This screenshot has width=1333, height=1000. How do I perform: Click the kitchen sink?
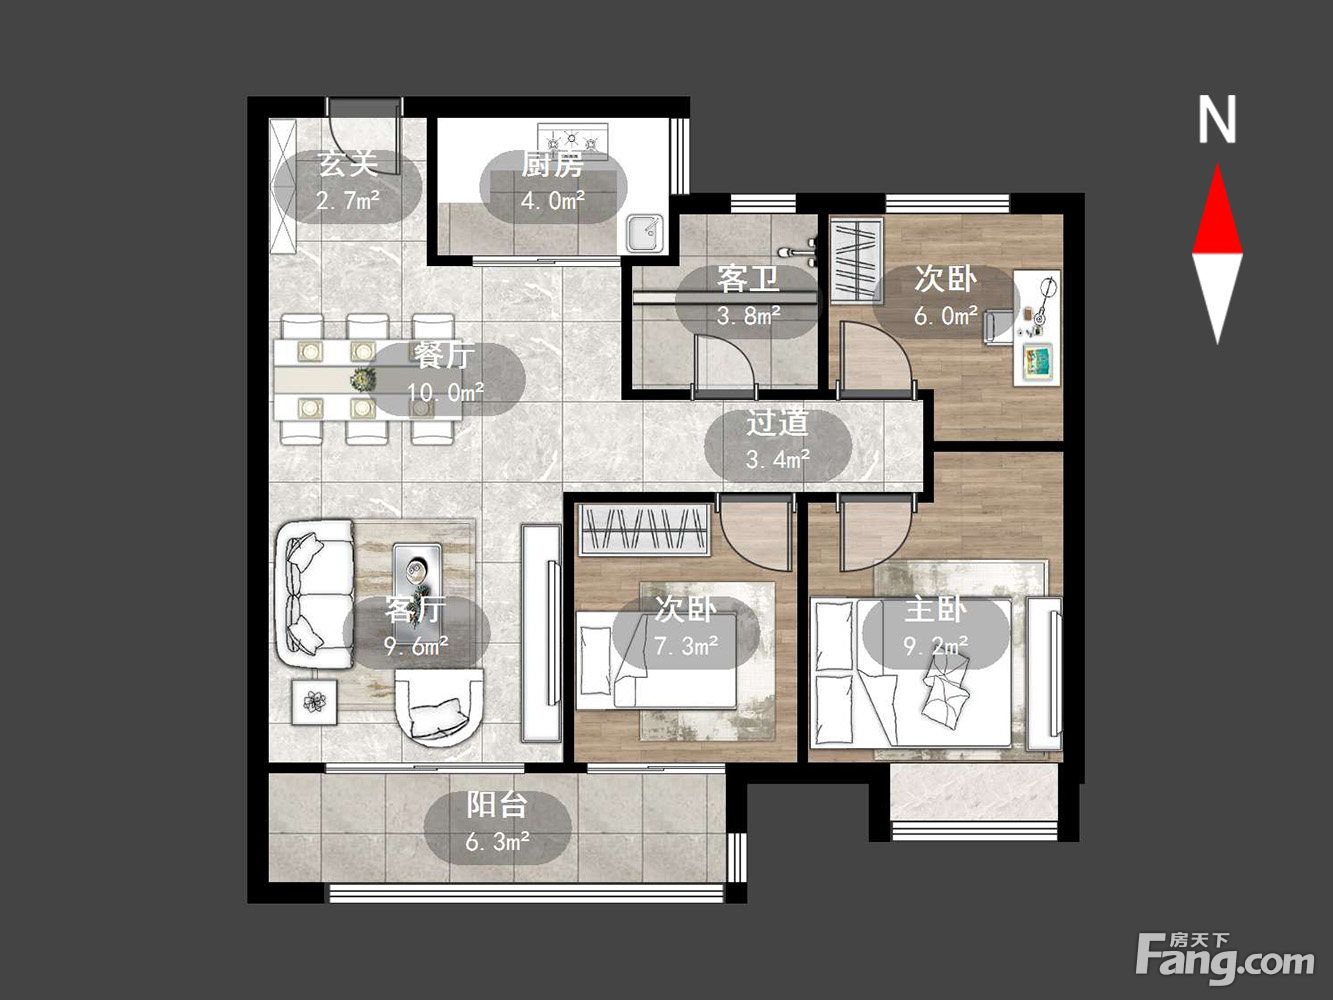pyautogui.click(x=644, y=233)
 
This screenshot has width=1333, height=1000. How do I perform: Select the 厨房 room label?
pyautogui.click(x=553, y=165)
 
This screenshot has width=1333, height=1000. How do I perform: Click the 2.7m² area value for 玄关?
pyautogui.click(x=347, y=199)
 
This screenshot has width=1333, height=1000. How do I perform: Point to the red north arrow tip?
pyautogui.click(x=1218, y=165)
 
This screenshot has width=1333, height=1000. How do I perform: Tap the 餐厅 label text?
pyautogui.click(x=444, y=356)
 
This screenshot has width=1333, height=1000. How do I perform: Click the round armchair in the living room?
pyautogui.click(x=440, y=707)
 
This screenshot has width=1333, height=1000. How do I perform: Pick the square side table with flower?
pyautogui.click(x=314, y=701)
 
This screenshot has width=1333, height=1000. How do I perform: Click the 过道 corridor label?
pyautogui.click(x=777, y=423)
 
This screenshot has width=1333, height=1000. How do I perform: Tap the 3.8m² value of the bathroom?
pyautogui.click(x=748, y=316)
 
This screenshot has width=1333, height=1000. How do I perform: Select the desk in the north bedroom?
pyautogui.click(x=1037, y=327)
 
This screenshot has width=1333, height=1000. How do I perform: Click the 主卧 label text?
pyautogui.click(x=935, y=610)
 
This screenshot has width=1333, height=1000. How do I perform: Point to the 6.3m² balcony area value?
pyautogui.click(x=497, y=842)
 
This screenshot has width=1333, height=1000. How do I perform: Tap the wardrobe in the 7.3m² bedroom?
pyautogui.click(x=645, y=529)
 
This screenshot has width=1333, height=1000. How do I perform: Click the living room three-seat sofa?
pyautogui.click(x=315, y=594)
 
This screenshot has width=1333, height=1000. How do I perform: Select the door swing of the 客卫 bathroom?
pyautogui.click(x=726, y=362)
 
